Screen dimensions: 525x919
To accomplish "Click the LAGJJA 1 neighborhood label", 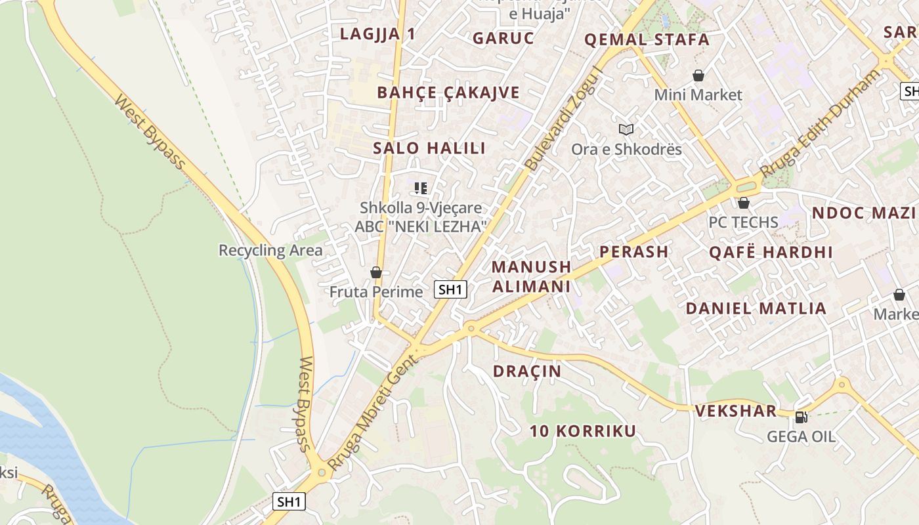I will coord(377,35).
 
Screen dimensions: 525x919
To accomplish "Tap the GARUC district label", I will coord(503,38).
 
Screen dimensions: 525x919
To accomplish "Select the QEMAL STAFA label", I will coord(647,40).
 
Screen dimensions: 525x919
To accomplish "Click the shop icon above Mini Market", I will coord(698,76).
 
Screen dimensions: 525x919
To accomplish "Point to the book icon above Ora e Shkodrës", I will coord(626,129).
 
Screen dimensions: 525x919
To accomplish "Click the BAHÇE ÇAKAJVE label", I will coord(448,93).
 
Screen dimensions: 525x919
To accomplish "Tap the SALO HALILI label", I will coord(429,148).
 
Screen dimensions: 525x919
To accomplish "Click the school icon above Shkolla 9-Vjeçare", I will coord(421,188).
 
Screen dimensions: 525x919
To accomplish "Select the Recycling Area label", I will coord(270,251).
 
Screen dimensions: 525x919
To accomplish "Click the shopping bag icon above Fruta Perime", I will coord(376,272).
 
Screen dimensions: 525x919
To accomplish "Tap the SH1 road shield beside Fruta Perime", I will coord(450,289).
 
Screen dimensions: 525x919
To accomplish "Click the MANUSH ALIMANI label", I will coord(531,276).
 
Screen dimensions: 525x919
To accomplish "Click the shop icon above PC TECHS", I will coord(744,203).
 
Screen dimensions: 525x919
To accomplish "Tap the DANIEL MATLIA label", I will coord(756,308).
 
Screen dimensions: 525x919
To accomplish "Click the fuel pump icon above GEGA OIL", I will coord(801,417).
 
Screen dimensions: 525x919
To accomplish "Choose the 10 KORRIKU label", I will coord(583,431).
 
